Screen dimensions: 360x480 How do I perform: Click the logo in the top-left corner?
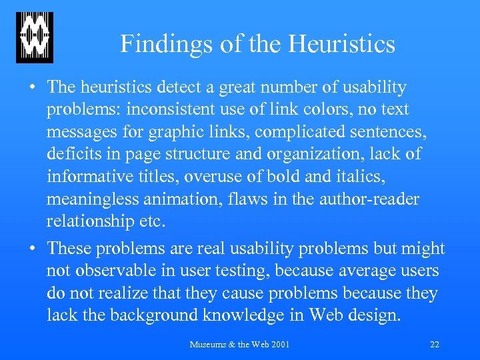[35, 37]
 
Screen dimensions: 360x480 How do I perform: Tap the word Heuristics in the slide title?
[341, 45]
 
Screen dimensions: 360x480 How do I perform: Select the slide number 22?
[435, 345]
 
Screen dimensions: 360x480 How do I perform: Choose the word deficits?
[73, 155]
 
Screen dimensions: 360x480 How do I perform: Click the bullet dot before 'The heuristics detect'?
[33, 88]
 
